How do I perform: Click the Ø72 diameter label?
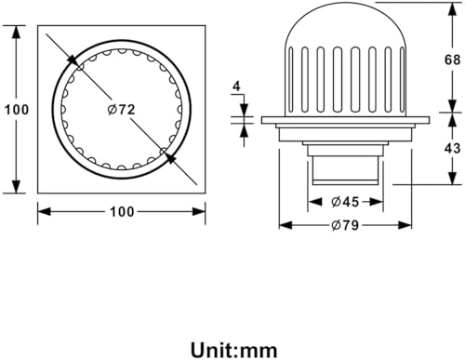tap(121, 110)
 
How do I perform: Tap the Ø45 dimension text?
tap(345, 202)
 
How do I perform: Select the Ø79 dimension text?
tap(345, 225)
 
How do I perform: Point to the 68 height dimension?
tap(453, 60)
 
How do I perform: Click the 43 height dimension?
tap(453, 149)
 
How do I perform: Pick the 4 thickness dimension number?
tap(236, 87)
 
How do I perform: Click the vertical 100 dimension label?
tap(17, 110)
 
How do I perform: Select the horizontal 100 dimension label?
tap(122, 212)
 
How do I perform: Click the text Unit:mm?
tap(234, 351)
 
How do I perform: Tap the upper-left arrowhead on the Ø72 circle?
tap(72, 60)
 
